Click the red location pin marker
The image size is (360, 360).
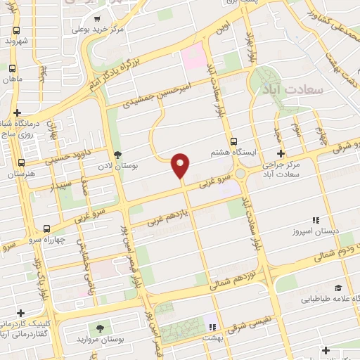(x=181, y=166)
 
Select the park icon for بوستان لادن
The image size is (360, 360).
(x=117, y=154)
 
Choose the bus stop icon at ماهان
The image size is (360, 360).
(x=11, y=68)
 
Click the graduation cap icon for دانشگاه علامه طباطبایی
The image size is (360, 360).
(x=339, y=288)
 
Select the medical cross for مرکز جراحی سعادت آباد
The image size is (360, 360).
(x=281, y=154)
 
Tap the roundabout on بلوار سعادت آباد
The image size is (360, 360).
(x=241, y=173)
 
